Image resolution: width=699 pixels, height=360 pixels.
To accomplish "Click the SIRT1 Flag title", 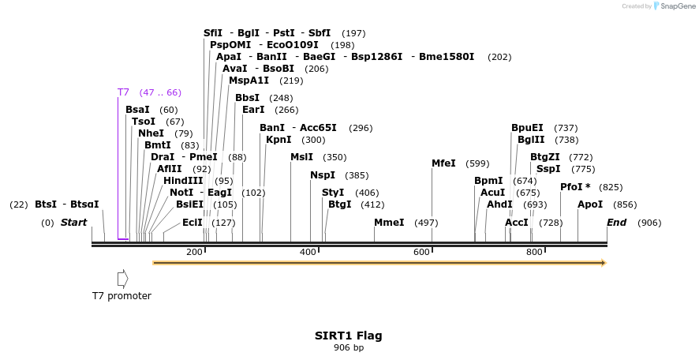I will (x=349, y=336).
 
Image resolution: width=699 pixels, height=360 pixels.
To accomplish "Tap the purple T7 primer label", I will (x=123, y=92).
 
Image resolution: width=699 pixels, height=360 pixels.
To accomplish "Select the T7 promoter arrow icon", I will (x=122, y=279).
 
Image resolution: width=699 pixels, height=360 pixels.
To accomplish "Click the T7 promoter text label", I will (x=121, y=296).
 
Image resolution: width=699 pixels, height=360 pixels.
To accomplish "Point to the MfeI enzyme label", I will (x=443, y=163).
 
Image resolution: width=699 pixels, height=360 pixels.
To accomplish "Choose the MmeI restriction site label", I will (x=389, y=223).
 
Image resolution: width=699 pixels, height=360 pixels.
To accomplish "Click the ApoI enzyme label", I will (x=590, y=204).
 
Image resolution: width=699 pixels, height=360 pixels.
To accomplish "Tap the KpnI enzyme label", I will (x=278, y=140).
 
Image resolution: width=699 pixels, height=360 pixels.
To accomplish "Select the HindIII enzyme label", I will (x=183, y=181).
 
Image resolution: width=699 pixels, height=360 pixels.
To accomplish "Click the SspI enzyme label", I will (x=548, y=169).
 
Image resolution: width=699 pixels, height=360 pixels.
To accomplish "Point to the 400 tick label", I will (x=307, y=252).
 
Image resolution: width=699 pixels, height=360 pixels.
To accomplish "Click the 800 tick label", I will (x=534, y=252).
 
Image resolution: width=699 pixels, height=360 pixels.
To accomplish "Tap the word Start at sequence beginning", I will (x=73, y=223).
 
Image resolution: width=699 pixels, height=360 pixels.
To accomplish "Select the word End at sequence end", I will (x=616, y=223).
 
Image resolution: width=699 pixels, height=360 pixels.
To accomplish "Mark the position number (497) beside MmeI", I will (x=425, y=223).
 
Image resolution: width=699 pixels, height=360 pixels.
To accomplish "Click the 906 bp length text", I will (x=349, y=347).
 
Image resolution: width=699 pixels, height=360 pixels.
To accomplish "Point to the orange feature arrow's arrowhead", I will (x=603, y=262).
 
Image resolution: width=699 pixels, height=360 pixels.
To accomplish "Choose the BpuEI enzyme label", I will (x=527, y=128).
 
